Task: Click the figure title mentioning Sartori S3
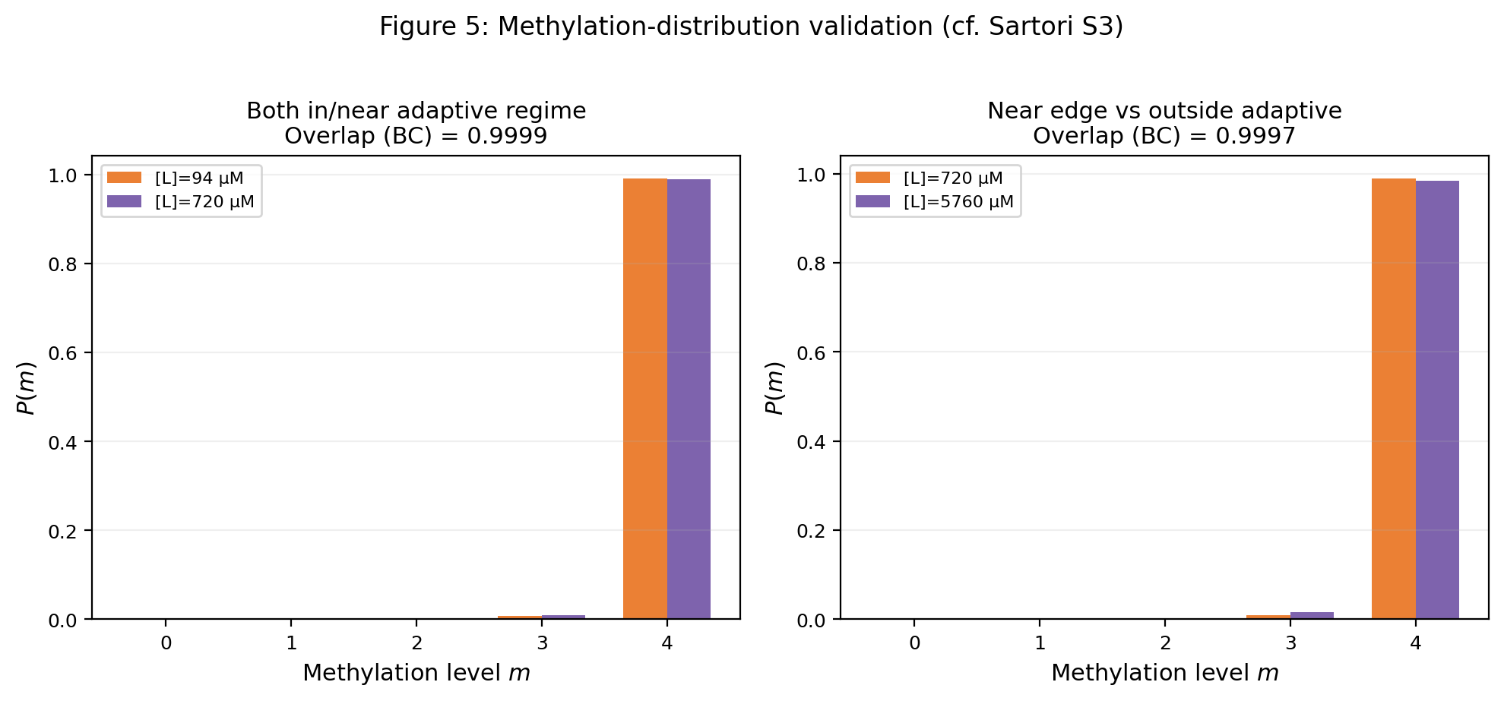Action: point(751,27)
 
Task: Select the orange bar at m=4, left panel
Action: point(645,399)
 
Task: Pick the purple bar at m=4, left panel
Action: point(689,399)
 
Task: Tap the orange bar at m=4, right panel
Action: point(1394,399)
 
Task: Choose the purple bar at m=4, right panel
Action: point(1437,400)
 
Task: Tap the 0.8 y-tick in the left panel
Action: point(62,264)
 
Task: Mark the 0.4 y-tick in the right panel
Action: point(811,442)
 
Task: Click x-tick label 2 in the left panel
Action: point(416,643)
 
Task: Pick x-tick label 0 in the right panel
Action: point(915,643)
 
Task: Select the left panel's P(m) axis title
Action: point(27,387)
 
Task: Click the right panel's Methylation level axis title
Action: point(1164,673)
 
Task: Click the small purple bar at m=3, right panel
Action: point(1312,615)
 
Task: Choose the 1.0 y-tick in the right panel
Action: point(811,175)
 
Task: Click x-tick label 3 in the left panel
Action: point(542,643)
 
